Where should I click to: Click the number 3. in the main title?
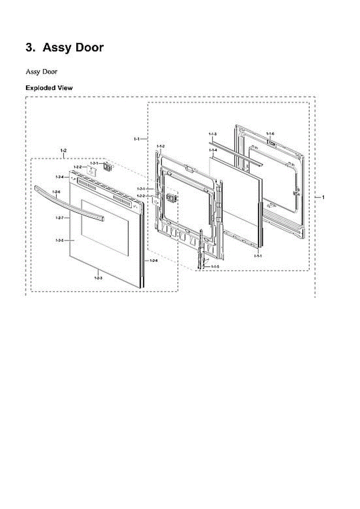[x=31, y=48]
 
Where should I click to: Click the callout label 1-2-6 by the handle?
[x=56, y=192]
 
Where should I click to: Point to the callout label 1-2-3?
[x=98, y=277]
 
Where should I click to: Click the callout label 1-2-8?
[x=153, y=260]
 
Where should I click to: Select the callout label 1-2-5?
[x=59, y=241]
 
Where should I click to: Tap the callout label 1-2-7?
[x=59, y=218]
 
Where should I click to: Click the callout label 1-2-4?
[x=59, y=176]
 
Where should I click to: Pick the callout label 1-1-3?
[x=213, y=134]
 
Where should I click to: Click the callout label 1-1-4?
[x=213, y=150]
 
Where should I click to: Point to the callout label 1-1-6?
[x=270, y=134]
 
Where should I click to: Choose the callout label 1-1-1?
[x=257, y=256]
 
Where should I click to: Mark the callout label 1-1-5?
[x=215, y=266]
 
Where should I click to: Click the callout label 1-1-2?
[x=161, y=146]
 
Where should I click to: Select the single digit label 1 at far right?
[x=323, y=197]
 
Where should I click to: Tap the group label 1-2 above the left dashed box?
[x=64, y=151]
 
